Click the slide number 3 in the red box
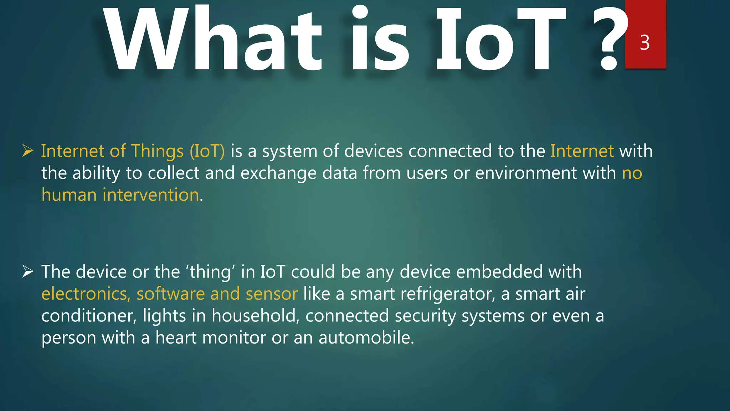645,42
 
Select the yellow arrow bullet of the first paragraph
27,151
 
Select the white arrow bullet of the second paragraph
27,272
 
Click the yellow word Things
158,151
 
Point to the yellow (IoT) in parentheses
207,151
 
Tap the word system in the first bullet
290,151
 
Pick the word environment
526,173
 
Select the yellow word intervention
151,195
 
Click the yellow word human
69,195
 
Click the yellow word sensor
272,294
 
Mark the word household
256,316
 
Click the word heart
176,338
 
